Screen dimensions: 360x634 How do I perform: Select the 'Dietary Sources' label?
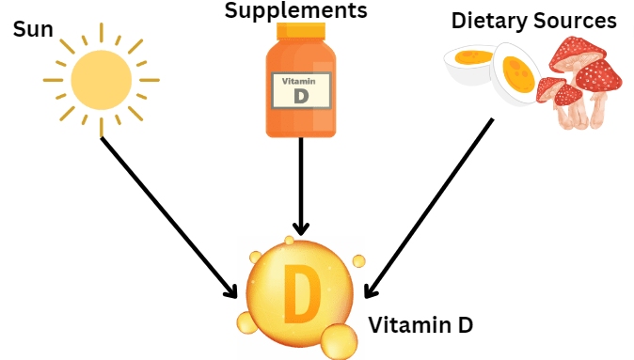533,21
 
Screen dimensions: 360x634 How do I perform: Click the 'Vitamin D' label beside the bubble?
420,326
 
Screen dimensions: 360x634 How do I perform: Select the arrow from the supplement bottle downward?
301,188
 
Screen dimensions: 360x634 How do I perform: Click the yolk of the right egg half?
515,69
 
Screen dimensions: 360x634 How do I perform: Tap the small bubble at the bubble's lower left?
246,324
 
